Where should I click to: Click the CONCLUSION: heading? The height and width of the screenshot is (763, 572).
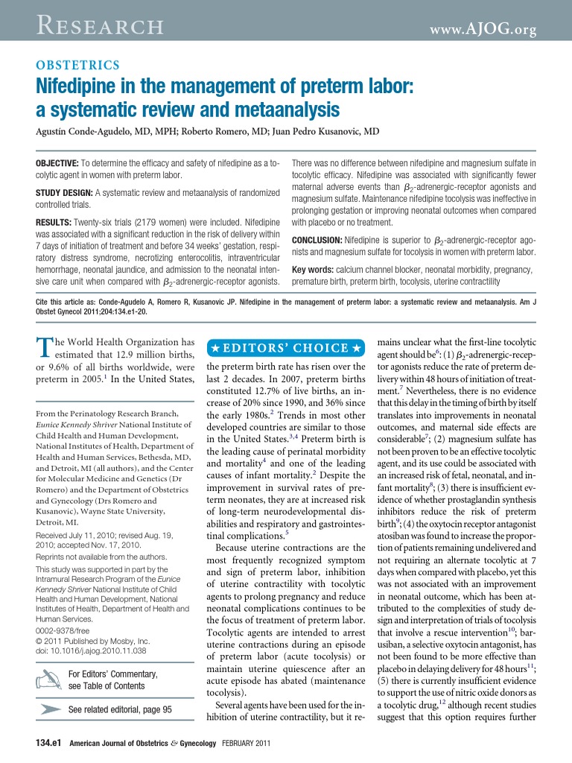317,240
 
